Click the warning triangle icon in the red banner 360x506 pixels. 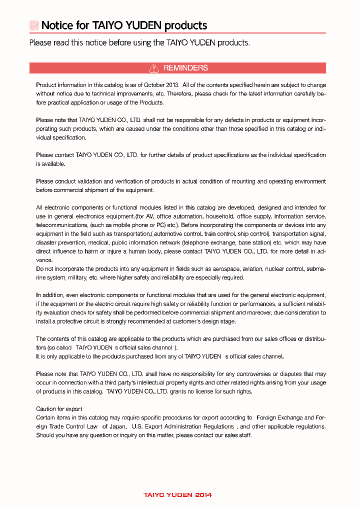[x=154, y=68]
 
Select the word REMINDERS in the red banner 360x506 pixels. [x=185, y=68]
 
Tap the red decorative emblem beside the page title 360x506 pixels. [x=34, y=25]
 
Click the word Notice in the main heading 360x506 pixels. [x=57, y=25]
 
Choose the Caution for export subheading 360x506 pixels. [x=59, y=409]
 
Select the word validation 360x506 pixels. [x=89, y=181]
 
